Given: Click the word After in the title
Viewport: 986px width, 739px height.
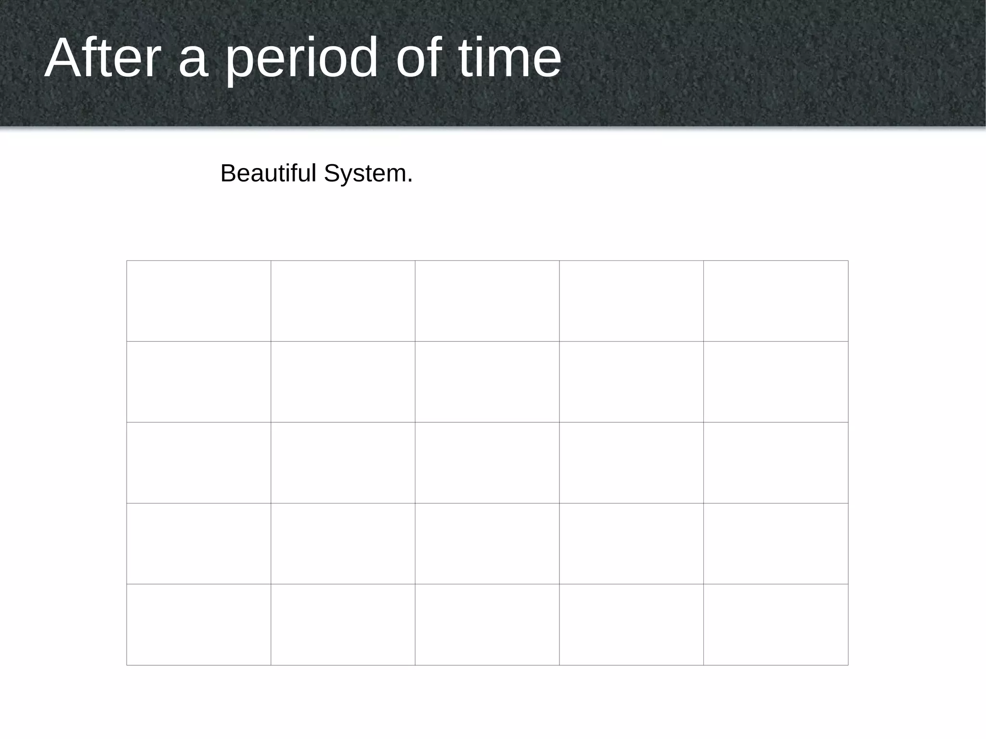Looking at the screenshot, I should click(x=102, y=58).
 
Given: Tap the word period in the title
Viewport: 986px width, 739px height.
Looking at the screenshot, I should click(x=301, y=59).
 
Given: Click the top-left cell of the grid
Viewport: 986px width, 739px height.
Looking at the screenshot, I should click(x=199, y=301).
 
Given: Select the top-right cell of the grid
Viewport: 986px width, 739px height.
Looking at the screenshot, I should click(x=776, y=301).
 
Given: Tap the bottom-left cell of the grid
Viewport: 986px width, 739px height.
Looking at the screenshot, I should click(x=199, y=624).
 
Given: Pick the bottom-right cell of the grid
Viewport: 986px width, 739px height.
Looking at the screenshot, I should click(x=776, y=624).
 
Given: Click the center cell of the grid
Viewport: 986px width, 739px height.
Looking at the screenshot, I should click(x=487, y=463).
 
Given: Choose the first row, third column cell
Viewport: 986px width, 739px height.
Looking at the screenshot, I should click(x=487, y=301).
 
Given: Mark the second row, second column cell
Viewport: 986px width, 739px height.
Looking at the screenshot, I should click(x=343, y=382).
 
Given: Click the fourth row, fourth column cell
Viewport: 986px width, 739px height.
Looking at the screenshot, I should click(x=631, y=544).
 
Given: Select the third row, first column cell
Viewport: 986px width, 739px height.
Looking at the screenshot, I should click(x=199, y=463).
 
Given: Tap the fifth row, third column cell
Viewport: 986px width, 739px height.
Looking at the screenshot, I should click(x=487, y=624).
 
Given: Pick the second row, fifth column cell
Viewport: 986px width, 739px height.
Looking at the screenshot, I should click(x=776, y=382).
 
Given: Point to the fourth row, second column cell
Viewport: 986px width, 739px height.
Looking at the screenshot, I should click(x=343, y=544).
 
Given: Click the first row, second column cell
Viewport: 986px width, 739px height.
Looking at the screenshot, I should click(x=343, y=301).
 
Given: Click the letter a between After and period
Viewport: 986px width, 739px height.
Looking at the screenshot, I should click(x=193, y=63).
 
